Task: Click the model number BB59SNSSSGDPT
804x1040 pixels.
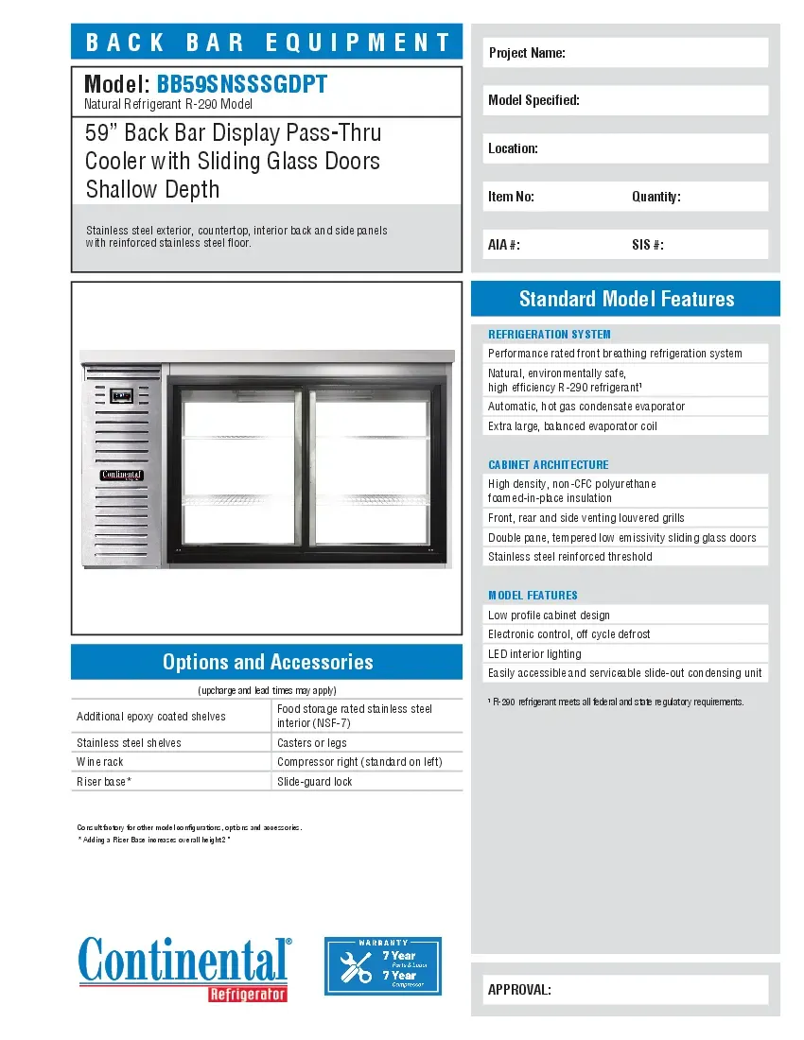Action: point(242,84)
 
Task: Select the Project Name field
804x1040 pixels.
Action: point(625,53)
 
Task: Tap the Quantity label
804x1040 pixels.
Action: point(656,197)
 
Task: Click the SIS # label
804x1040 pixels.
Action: point(648,245)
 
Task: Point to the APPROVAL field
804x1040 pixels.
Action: point(625,990)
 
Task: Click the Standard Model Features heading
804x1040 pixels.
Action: point(626,299)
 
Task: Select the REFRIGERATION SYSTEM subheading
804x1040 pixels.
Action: point(550,334)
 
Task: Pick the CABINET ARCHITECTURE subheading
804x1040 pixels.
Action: point(549,464)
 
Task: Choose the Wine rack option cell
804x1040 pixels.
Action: point(171,762)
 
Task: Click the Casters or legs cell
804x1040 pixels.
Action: point(367,743)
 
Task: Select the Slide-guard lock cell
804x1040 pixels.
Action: point(367,782)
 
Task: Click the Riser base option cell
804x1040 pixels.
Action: point(171,782)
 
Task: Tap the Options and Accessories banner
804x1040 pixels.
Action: point(267,662)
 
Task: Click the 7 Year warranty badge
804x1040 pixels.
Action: point(383,965)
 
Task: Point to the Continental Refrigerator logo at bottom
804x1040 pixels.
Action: point(184,966)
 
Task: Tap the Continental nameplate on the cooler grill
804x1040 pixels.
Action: point(121,475)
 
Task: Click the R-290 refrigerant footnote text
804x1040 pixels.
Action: point(616,702)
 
